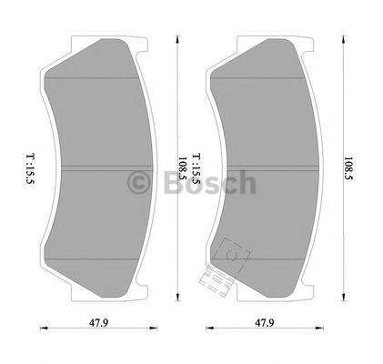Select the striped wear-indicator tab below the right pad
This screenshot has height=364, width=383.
coord(218,277)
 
